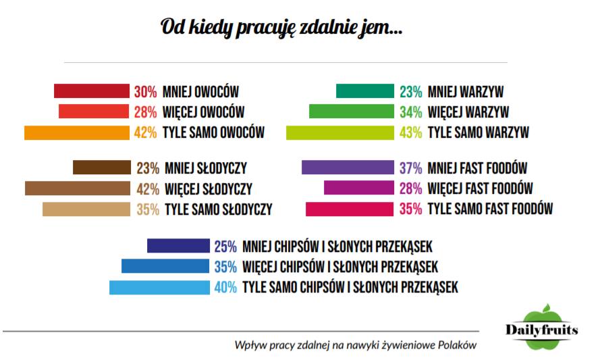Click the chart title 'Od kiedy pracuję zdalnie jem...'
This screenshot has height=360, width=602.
(x=282, y=28)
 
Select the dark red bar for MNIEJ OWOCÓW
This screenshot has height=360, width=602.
(x=91, y=91)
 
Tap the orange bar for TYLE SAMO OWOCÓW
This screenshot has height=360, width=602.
(x=76, y=132)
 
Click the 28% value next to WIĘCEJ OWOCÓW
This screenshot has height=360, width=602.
(x=145, y=112)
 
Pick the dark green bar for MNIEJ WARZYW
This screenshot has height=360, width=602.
(x=364, y=91)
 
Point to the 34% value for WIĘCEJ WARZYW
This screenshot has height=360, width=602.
(x=410, y=112)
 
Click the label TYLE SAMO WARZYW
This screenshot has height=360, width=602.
(x=478, y=133)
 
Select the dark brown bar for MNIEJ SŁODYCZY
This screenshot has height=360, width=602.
(x=101, y=168)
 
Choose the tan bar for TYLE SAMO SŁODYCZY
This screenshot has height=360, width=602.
(x=86, y=209)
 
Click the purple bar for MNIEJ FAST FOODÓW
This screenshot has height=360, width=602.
(x=347, y=168)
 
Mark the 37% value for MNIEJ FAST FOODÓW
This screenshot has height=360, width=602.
(x=410, y=168)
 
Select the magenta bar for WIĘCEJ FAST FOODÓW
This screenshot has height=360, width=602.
(x=358, y=188)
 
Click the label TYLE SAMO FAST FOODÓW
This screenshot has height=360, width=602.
(x=491, y=209)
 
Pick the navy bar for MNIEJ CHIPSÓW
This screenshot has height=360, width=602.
(x=178, y=246)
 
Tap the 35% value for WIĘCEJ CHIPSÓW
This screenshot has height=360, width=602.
(x=225, y=267)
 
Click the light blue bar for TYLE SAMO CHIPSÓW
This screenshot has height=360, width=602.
(x=159, y=288)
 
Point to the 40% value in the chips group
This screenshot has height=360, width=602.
(x=225, y=288)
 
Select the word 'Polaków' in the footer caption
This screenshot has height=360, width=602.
(x=456, y=345)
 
